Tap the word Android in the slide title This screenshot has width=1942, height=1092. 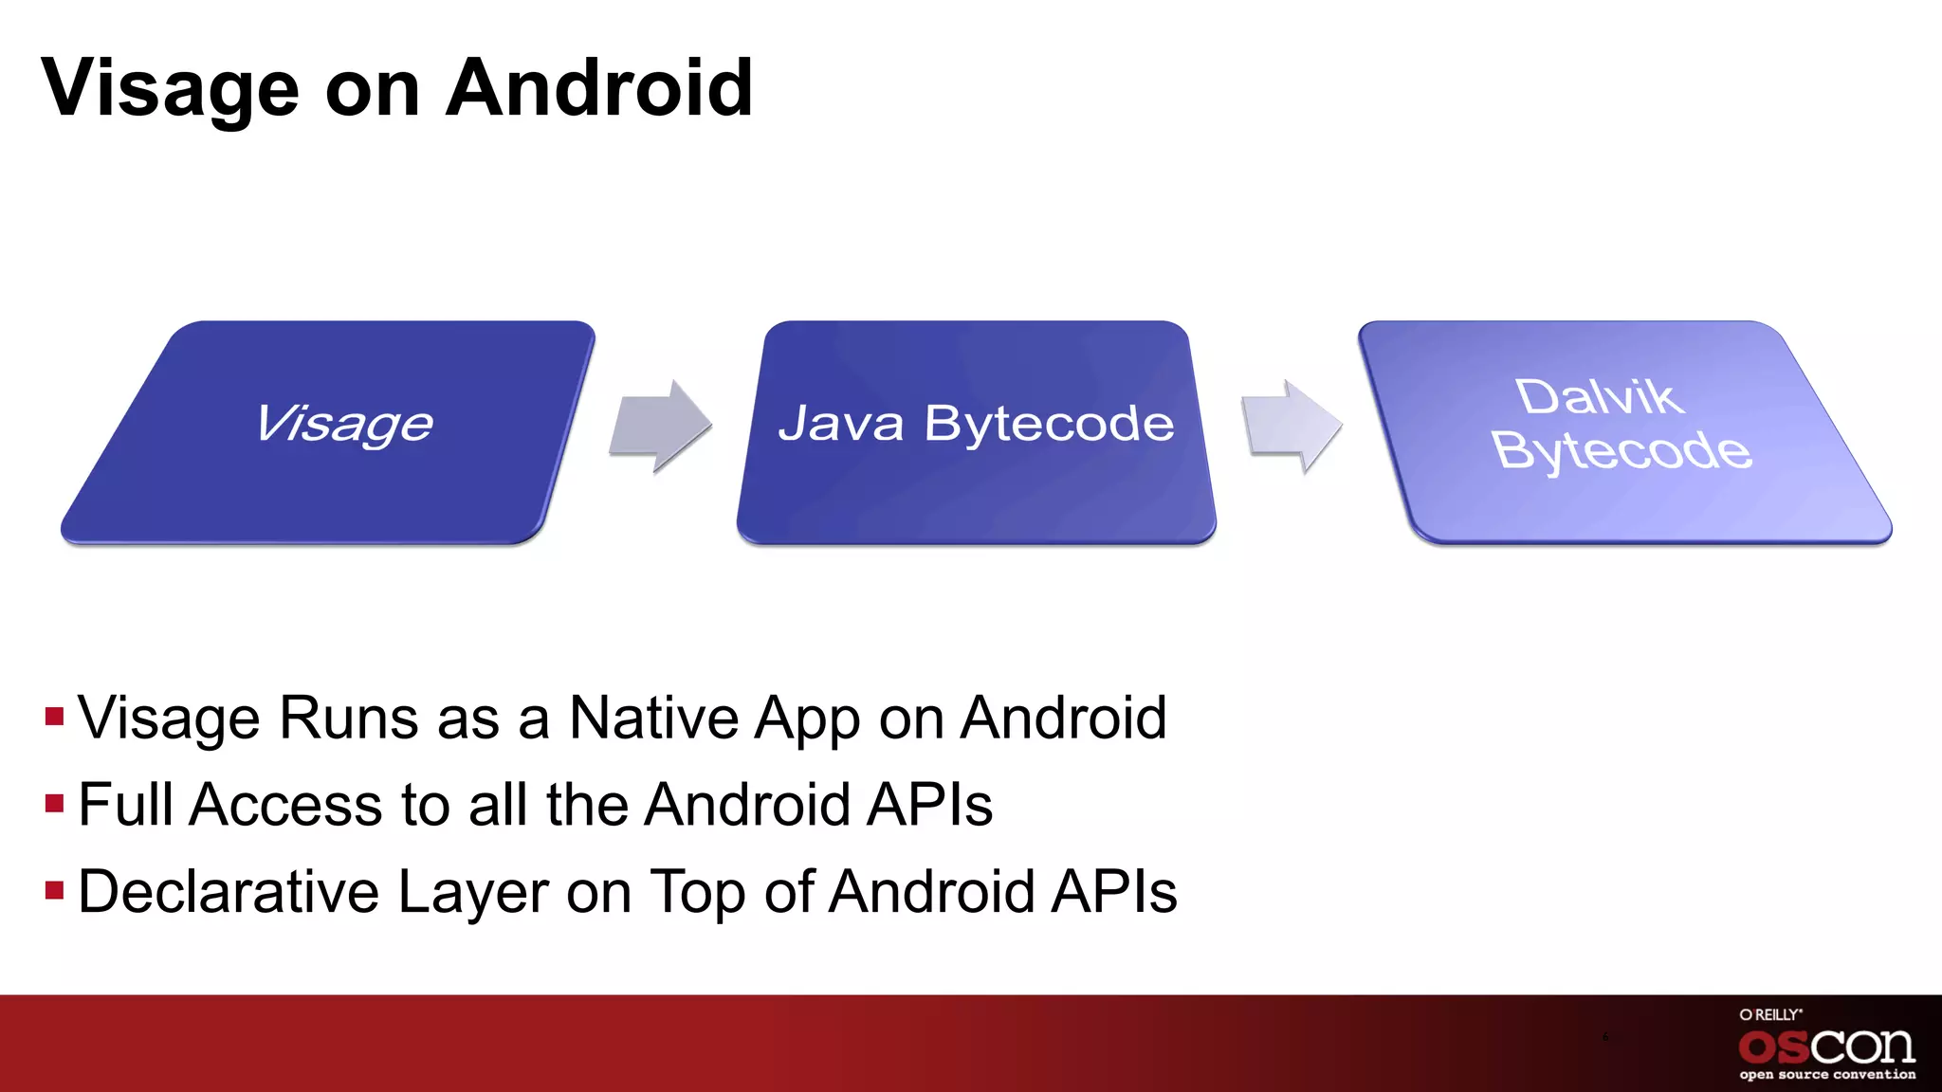(x=599, y=88)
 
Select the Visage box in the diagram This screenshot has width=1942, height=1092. (x=327, y=432)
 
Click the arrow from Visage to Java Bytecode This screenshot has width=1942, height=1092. (x=660, y=426)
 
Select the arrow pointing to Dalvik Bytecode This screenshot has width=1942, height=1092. (x=1292, y=426)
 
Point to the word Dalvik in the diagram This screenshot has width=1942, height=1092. (x=1600, y=396)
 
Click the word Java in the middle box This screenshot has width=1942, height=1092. (x=841, y=423)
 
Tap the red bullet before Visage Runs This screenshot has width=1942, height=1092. (x=54, y=716)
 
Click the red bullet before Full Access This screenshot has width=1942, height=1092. (x=54, y=804)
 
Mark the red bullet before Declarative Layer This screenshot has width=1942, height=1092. (x=54, y=891)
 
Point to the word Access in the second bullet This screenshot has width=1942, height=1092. (x=286, y=805)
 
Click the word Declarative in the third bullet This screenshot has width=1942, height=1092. (x=228, y=892)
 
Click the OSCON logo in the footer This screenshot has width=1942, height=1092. (x=1826, y=1047)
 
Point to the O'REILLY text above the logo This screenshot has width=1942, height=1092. (x=1770, y=1014)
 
